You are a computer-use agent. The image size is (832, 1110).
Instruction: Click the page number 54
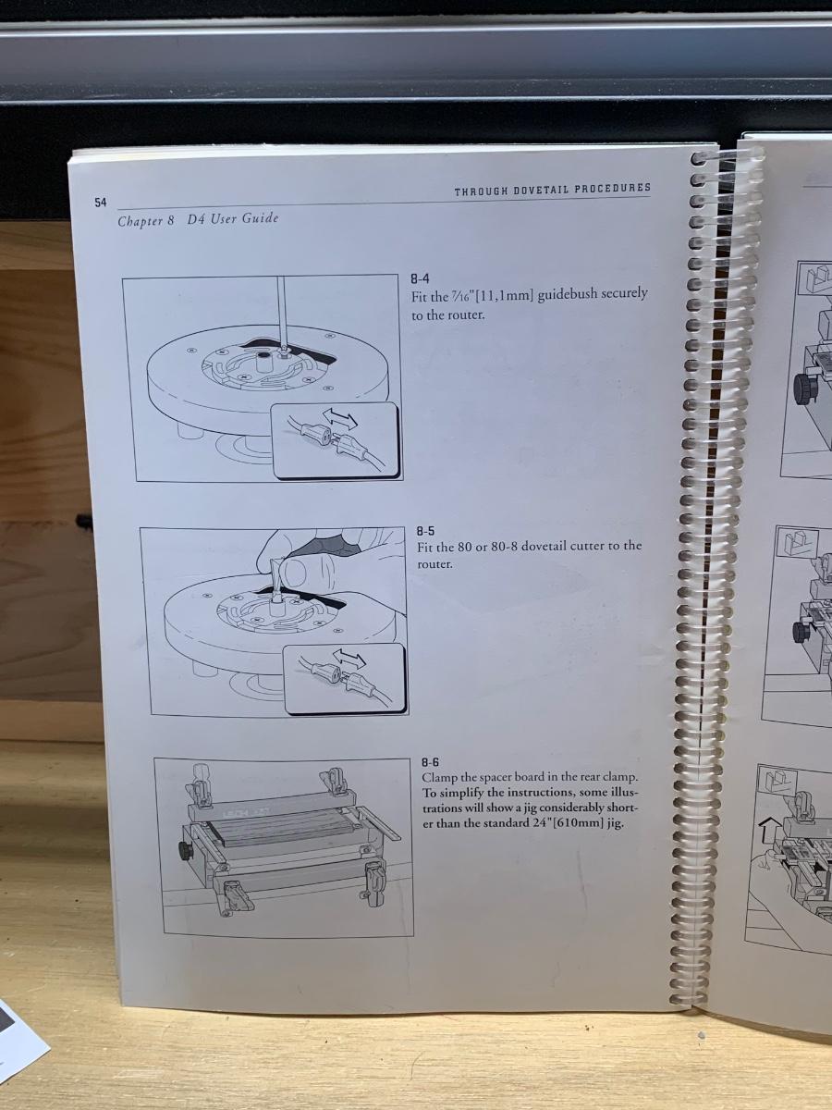coord(101,203)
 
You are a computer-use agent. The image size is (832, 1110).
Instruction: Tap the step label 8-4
coord(421,278)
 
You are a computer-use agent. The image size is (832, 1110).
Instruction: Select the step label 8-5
coord(425,531)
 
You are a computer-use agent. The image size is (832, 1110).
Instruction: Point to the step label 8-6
coord(431,762)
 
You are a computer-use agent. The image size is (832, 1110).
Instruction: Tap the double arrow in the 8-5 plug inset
coord(349,658)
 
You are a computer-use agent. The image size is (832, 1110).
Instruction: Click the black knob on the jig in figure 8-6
coord(185,850)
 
